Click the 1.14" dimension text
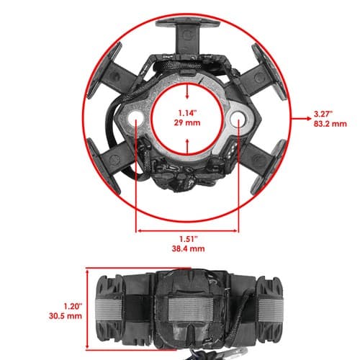[187, 113]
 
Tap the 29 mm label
[187, 123]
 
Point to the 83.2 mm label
[330, 124]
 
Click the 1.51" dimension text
[189, 239]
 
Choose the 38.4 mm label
[189, 248]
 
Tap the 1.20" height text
[73, 306]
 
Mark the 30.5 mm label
[66, 316]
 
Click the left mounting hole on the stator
[135, 118]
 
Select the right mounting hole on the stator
[239, 118]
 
